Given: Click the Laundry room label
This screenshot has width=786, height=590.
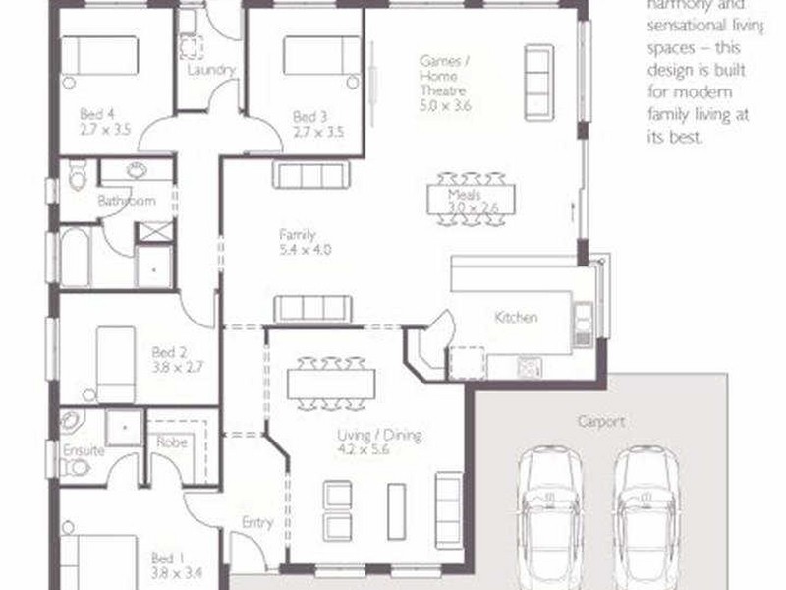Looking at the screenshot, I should point(210,70).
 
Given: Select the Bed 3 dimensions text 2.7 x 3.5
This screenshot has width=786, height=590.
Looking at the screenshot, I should point(318,130).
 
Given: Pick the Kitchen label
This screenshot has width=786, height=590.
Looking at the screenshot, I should point(516,318).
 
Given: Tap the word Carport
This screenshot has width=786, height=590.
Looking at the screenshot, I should point(602,421).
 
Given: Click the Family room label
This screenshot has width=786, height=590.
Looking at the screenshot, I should point(297,235).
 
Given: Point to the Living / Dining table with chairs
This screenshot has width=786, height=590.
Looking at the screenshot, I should point(331,383).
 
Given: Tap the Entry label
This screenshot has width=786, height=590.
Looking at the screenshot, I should point(256,523).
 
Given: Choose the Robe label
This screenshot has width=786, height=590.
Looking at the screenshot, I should point(172,442).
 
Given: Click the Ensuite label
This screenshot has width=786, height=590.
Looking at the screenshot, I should point(83,451).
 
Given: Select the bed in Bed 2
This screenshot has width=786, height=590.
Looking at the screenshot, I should point(115,364).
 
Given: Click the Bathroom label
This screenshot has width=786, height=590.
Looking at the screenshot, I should point(126,201).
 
